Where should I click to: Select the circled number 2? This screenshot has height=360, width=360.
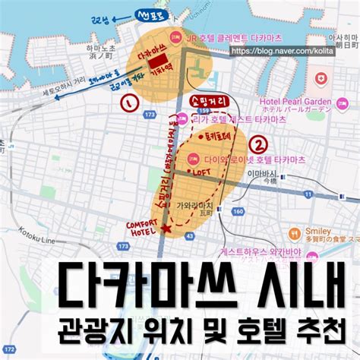[x=261, y=142]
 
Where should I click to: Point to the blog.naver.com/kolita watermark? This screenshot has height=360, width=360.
[x=291, y=49]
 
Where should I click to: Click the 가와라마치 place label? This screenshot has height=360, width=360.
[x=196, y=205]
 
